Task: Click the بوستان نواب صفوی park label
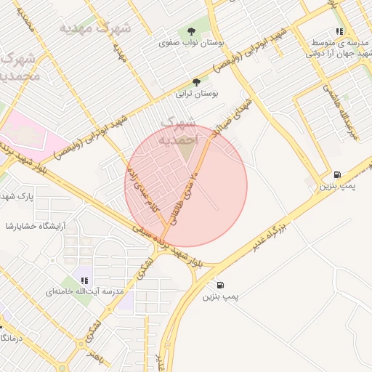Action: click(191, 43)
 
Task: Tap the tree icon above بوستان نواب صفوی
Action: click(191, 31)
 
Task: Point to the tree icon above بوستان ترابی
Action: click(196, 82)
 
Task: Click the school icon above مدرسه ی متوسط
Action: click(339, 31)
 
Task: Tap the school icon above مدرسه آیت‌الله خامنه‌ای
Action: click(84, 280)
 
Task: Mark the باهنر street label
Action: click(95, 357)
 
